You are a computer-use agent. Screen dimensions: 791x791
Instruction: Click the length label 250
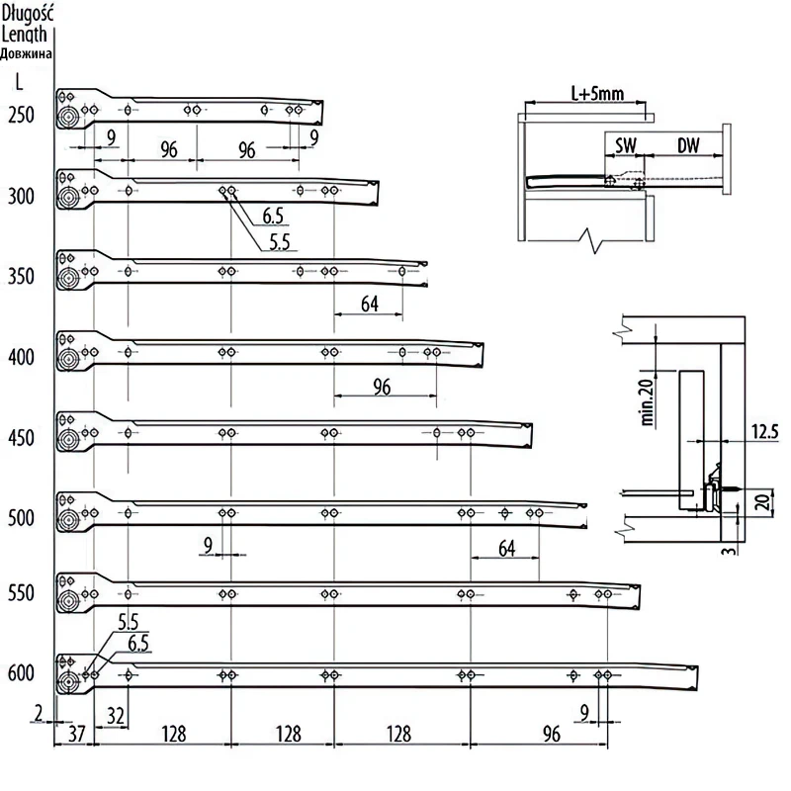point(20,116)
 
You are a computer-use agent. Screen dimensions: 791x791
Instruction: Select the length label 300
point(20,197)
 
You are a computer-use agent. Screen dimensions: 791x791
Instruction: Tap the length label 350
point(20,277)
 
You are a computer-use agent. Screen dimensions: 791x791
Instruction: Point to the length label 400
point(20,357)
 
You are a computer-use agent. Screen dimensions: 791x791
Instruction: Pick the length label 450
point(20,438)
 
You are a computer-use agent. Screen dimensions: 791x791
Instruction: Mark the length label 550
point(20,594)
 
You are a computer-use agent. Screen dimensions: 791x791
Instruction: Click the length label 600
point(20,674)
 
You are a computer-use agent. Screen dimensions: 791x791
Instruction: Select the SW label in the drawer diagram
point(625,145)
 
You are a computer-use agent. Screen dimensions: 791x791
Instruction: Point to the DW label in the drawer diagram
point(688,145)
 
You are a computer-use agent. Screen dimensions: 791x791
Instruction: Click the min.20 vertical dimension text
point(648,401)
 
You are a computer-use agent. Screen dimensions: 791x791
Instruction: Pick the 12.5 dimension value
point(765,432)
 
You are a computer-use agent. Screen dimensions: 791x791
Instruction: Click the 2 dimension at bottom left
point(38,712)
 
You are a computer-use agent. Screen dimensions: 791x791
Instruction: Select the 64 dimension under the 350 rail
point(369,305)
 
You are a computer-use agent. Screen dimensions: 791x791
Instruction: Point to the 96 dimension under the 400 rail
point(382,388)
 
